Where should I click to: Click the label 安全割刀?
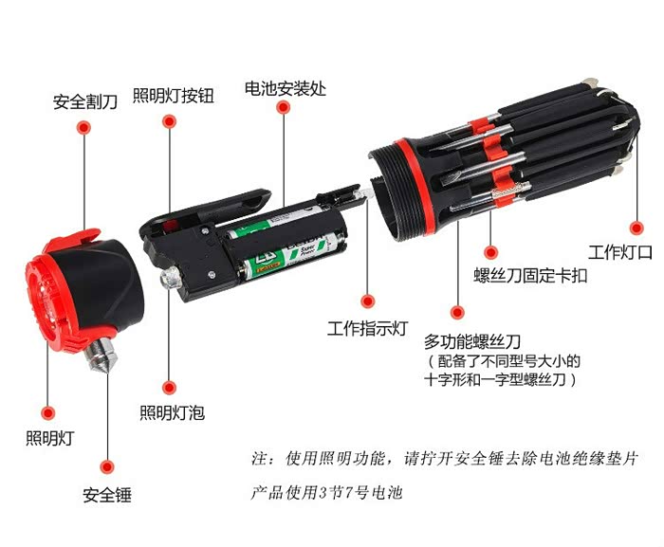85,102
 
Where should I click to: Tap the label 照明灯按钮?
174,95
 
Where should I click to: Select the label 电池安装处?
286,88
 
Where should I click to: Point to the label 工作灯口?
620,252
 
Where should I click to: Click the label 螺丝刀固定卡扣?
530,275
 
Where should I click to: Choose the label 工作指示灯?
368,328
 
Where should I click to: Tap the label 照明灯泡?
173,412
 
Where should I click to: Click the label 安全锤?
107,495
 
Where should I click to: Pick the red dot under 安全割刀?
83,127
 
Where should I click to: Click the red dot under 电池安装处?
284,107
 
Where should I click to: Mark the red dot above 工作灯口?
636,228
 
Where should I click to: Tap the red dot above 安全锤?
107,467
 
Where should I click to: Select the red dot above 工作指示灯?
368,301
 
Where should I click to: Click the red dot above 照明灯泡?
169,388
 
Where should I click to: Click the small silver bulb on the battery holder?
171,278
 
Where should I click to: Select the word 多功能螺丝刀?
472,341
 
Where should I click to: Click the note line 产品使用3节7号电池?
326,493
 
